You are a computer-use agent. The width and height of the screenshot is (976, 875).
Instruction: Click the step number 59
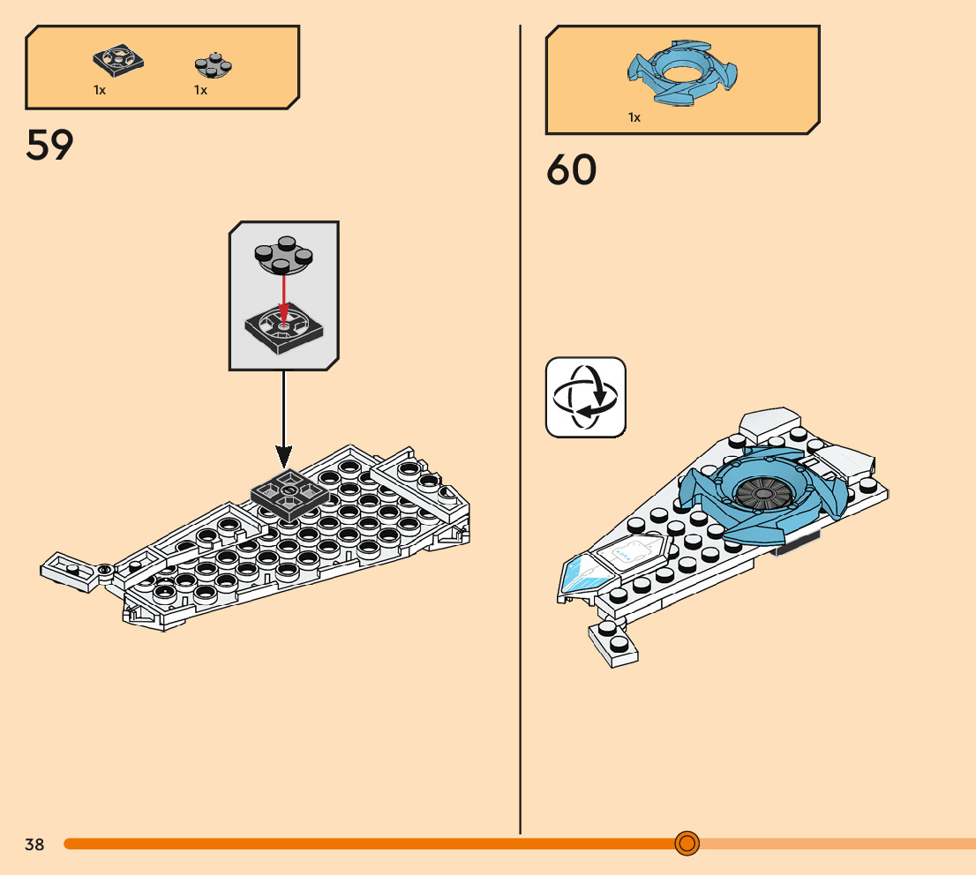click(x=49, y=146)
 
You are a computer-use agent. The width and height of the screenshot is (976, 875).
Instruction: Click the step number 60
click(x=571, y=170)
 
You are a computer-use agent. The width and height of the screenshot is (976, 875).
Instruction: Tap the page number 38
click(x=34, y=844)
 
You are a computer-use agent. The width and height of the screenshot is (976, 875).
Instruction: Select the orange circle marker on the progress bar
click(x=687, y=843)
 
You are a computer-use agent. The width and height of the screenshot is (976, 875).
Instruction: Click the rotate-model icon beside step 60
click(x=585, y=397)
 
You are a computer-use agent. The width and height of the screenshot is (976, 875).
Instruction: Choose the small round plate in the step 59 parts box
click(x=213, y=65)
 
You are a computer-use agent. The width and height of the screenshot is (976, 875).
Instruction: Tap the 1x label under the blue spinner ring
click(x=634, y=117)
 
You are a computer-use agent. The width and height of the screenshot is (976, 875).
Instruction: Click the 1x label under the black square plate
click(x=100, y=90)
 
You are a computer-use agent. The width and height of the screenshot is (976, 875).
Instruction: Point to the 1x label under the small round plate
click(x=200, y=90)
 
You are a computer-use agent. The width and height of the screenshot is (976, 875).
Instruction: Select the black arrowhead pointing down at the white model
click(x=283, y=456)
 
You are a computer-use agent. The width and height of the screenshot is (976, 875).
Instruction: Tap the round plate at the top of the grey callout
click(x=283, y=255)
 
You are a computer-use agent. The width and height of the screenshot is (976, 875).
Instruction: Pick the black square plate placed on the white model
click(x=289, y=495)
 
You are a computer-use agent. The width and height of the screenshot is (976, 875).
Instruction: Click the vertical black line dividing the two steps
click(x=521, y=441)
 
